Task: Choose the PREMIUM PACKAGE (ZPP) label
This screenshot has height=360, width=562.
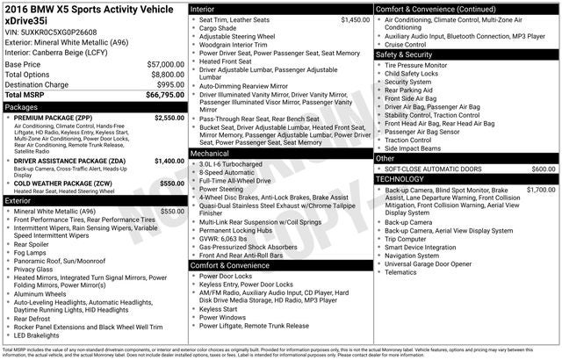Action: coord(52,117)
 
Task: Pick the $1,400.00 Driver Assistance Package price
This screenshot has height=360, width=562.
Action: coord(169,162)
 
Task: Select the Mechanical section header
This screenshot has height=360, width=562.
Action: coord(211,153)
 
